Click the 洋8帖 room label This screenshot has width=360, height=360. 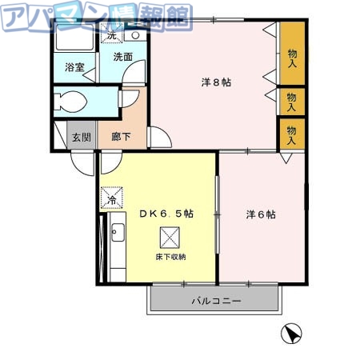(x=215, y=82)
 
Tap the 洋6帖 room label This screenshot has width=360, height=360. (x=260, y=214)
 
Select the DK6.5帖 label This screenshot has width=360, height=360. (x=166, y=214)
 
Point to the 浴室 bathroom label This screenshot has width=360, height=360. (x=74, y=69)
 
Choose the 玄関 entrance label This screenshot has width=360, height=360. (x=81, y=137)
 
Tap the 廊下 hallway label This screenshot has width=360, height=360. (x=122, y=137)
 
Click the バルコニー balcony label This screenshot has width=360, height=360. (x=215, y=302)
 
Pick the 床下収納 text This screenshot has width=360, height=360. (x=170, y=258)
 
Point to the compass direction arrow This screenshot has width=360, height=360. (x=292, y=333)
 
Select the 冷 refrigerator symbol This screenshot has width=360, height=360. (x=112, y=197)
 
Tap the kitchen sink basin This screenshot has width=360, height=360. (x=117, y=233)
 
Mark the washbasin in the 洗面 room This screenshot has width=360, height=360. (x=135, y=34)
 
